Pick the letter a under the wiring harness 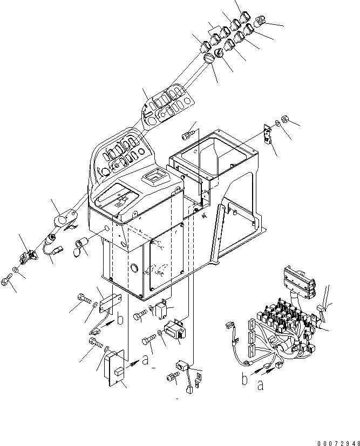(x=261, y=385)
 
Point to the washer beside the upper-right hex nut (x=277, y=123)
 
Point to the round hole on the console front (x=133, y=268)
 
